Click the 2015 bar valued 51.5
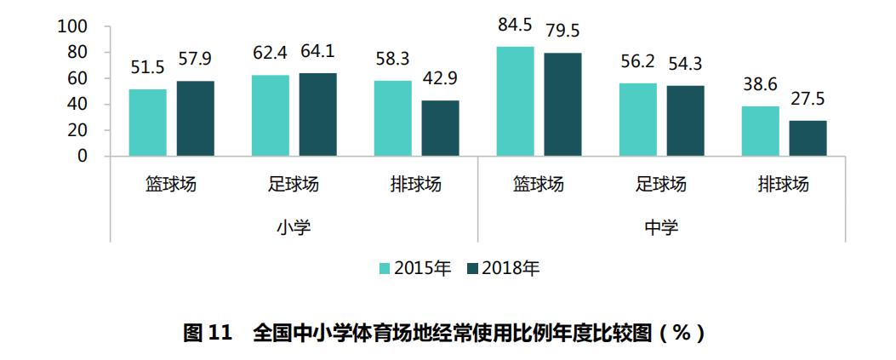click(x=148, y=123)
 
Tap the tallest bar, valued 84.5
click(x=516, y=101)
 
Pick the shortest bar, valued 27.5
click(x=808, y=138)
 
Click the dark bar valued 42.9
click(x=441, y=129)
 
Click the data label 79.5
click(x=563, y=31)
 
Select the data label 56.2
click(x=638, y=64)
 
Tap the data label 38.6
click(x=760, y=87)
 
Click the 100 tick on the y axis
click(x=72, y=26)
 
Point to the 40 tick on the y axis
click(x=77, y=105)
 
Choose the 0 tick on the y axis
click(x=83, y=157)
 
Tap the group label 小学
click(x=294, y=227)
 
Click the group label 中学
click(x=662, y=227)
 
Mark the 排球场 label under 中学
click(x=784, y=185)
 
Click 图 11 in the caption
click(x=208, y=334)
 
